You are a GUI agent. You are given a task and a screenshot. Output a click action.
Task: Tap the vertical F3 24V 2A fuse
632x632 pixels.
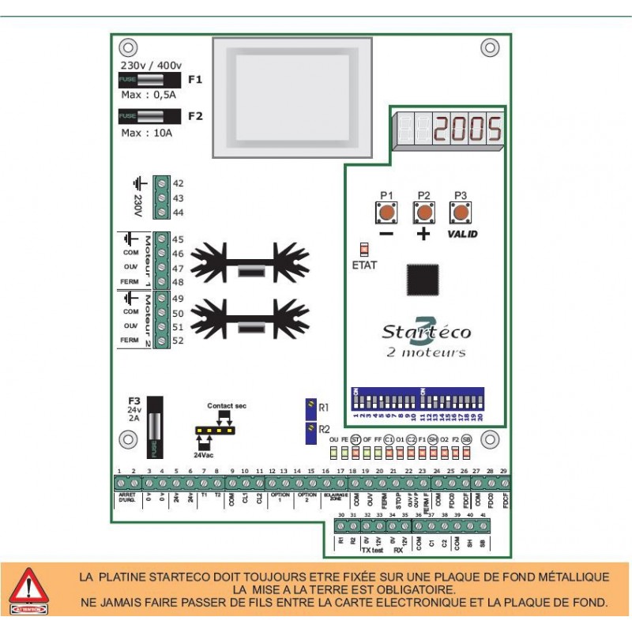[x=155, y=427]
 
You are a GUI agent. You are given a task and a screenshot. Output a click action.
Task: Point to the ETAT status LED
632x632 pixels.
[x=363, y=249]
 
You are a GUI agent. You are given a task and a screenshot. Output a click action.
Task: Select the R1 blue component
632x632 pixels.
[x=311, y=407]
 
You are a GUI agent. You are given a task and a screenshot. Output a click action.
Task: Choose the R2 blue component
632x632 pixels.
[x=311, y=431]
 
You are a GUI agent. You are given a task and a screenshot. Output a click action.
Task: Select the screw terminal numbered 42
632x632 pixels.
[x=162, y=183]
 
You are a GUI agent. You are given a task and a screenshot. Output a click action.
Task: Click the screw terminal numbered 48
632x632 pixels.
[x=162, y=282]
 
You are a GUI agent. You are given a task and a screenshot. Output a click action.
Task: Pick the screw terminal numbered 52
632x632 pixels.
[x=162, y=340]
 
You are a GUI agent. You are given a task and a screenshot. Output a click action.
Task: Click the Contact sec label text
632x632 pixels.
[x=227, y=405]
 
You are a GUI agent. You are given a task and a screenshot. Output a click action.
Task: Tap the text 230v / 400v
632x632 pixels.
[x=151, y=66]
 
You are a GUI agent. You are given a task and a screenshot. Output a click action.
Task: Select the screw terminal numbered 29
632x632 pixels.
[x=503, y=483]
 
